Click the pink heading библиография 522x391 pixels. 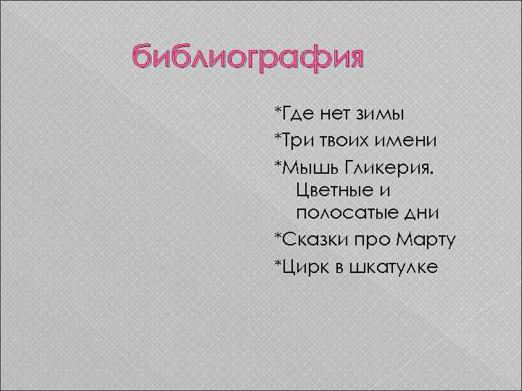(x=246, y=59)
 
